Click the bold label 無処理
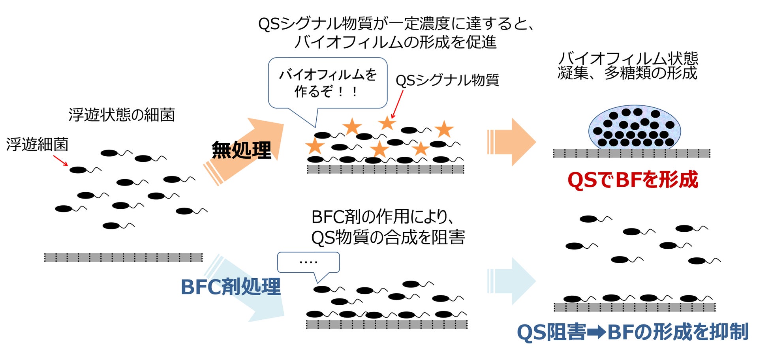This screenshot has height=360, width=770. click(241, 150)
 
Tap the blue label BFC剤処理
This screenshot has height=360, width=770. click(231, 287)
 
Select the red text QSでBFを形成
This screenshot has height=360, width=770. click(633, 180)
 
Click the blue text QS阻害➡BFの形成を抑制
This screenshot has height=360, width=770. click(633, 332)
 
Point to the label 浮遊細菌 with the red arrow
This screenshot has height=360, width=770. click(37, 144)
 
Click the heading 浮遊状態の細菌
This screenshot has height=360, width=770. click(122, 115)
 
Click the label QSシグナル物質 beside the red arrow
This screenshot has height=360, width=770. click(447, 81)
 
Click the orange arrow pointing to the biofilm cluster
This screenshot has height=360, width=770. click(511, 142)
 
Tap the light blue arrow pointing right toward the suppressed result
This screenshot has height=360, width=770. click(511, 281)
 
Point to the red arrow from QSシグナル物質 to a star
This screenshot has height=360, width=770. click(398, 104)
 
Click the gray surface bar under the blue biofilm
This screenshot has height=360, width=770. click(631, 153)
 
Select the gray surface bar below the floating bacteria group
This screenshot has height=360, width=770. click(123, 257)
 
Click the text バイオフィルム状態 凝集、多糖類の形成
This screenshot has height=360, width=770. click(628, 66)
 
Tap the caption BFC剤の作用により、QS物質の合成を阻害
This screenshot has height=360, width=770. click(388, 227)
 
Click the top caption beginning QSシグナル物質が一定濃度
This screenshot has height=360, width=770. click(396, 33)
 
